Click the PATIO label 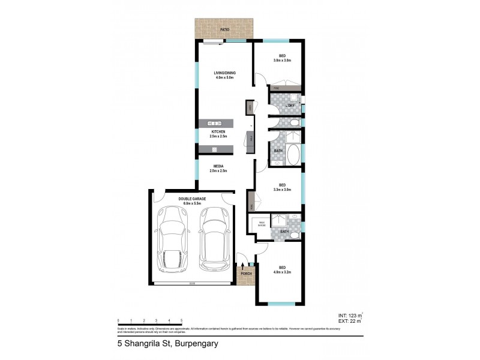click(224, 28)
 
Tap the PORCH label click(245, 274)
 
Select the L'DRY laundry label click(289, 106)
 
